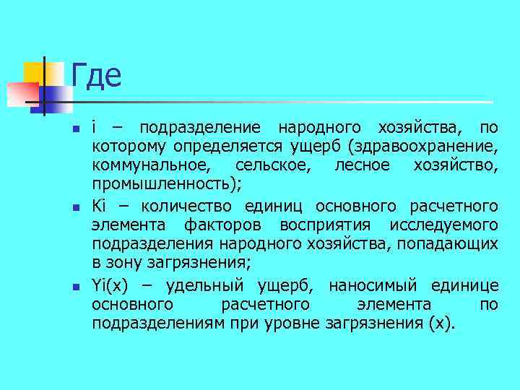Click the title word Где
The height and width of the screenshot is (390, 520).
(x=96, y=75)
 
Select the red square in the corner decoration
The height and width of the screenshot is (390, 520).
(x=22, y=92)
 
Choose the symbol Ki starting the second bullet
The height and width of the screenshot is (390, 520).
(x=99, y=206)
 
